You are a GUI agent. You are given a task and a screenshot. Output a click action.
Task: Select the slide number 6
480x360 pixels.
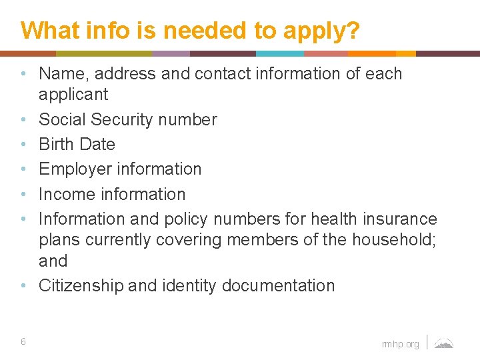point(23,341)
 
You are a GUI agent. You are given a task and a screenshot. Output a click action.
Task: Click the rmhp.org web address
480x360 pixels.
point(401,344)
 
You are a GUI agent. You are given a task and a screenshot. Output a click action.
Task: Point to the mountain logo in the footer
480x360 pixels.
point(444,343)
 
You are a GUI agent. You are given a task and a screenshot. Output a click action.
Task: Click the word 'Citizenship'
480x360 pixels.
point(81,286)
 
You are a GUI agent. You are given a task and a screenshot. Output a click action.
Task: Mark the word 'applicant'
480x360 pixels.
point(73,95)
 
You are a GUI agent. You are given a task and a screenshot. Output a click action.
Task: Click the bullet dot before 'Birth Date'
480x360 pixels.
point(23,145)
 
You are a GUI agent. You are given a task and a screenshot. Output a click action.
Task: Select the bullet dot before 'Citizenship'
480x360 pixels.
point(23,286)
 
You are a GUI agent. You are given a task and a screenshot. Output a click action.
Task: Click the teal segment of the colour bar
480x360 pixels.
point(280,53)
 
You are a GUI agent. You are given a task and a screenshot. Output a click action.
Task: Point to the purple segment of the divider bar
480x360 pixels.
point(171,53)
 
